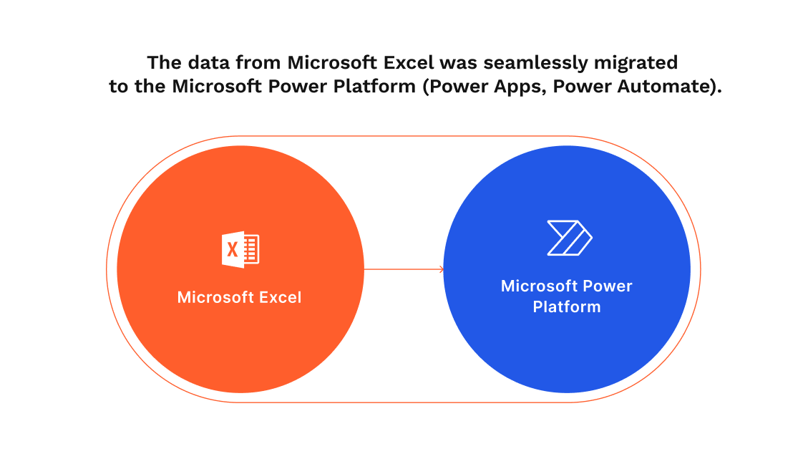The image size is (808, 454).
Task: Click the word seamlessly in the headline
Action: click(x=535, y=63)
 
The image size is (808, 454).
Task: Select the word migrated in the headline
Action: click(x=636, y=64)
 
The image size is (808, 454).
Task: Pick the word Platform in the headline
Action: click(x=374, y=86)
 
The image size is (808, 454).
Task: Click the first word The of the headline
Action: click(x=165, y=63)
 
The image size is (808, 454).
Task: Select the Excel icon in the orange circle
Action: click(x=240, y=250)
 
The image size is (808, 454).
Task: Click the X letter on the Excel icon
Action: click(x=233, y=250)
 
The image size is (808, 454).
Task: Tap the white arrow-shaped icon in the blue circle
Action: click(x=570, y=238)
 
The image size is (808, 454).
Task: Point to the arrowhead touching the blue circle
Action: click(x=442, y=269)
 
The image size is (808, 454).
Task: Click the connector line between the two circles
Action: click(x=404, y=269)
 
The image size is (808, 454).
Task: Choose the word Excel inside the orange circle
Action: click(x=280, y=297)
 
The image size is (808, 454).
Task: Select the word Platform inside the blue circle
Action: click(x=567, y=306)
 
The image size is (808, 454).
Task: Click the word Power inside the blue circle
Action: click(x=607, y=286)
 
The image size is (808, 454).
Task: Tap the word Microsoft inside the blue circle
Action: click(x=539, y=286)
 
